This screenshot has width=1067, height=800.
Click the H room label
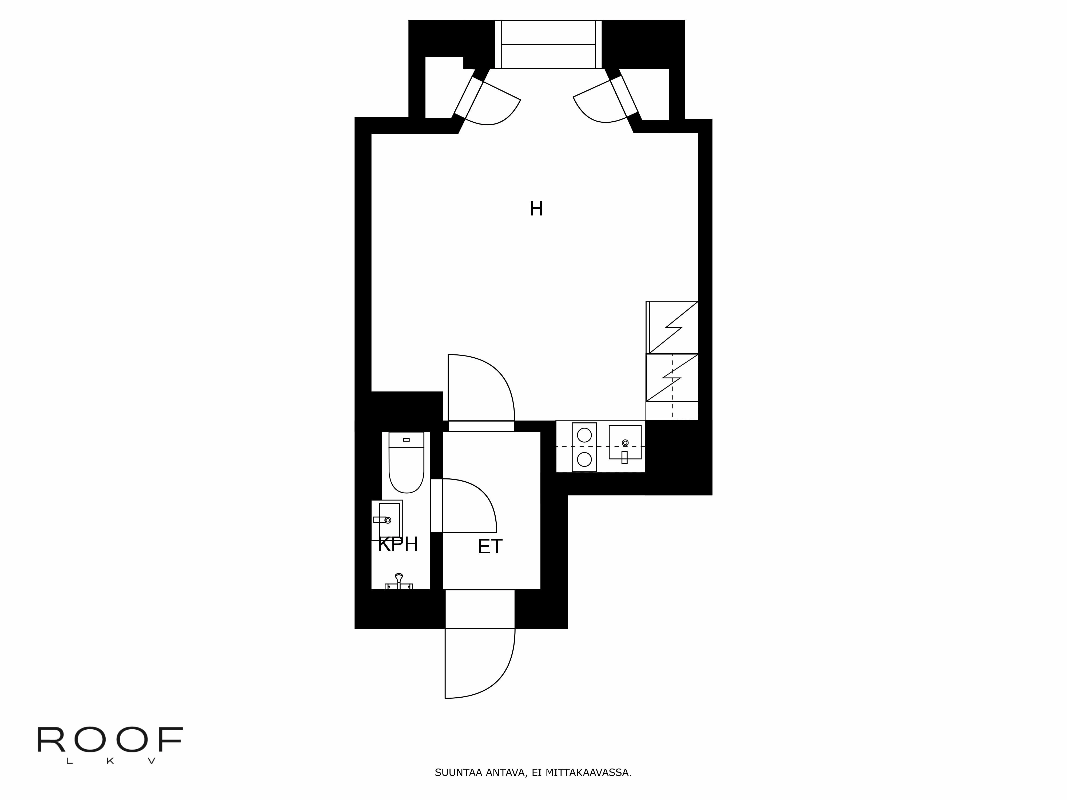pyautogui.click(x=536, y=209)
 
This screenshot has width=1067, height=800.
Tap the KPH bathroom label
pyautogui.click(x=397, y=545)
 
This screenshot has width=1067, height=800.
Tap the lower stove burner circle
pyautogui.click(x=584, y=459)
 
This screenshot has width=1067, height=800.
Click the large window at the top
pyautogui.click(x=548, y=44)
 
